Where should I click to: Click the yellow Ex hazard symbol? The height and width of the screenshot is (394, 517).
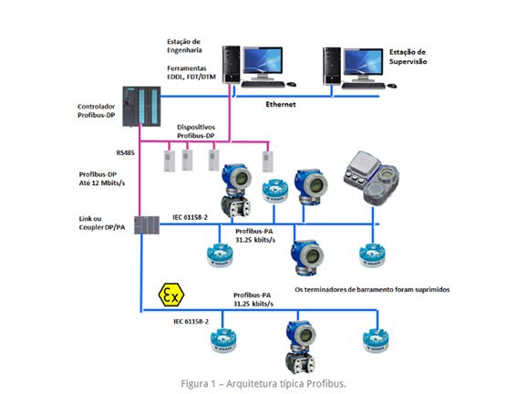click(171, 295)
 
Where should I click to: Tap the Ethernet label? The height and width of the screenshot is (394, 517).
click(281, 105)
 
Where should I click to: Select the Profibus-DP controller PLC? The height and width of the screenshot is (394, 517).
click(141, 106)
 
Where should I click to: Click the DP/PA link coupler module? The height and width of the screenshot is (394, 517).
click(147, 225)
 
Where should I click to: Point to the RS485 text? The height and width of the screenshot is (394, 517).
click(125, 153)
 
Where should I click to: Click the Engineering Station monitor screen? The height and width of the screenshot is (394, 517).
click(263, 60)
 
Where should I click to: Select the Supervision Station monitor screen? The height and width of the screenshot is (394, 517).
click(363, 62)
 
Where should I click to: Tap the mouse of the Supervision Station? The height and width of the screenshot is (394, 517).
click(392, 86)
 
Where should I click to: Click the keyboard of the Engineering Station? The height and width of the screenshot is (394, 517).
click(263, 85)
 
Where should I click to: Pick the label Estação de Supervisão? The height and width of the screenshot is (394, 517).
click(408, 57)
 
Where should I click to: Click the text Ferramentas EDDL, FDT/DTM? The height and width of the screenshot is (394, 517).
click(191, 73)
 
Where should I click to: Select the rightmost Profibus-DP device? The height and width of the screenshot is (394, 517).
click(267, 161)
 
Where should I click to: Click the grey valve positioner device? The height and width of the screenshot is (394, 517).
click(372, 178)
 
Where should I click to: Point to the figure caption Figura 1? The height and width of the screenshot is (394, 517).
click(264, 384)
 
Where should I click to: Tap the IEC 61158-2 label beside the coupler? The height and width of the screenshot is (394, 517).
click(191, 217)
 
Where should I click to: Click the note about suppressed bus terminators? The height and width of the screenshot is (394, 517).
click(372, 290)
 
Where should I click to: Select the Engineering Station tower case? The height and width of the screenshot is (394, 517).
click(231, 64)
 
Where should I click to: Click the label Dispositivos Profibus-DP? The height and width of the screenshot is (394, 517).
click(196, 131)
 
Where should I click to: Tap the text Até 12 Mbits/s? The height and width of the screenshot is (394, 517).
click(102, 183)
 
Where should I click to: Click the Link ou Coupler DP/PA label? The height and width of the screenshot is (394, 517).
click(102, 223)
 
